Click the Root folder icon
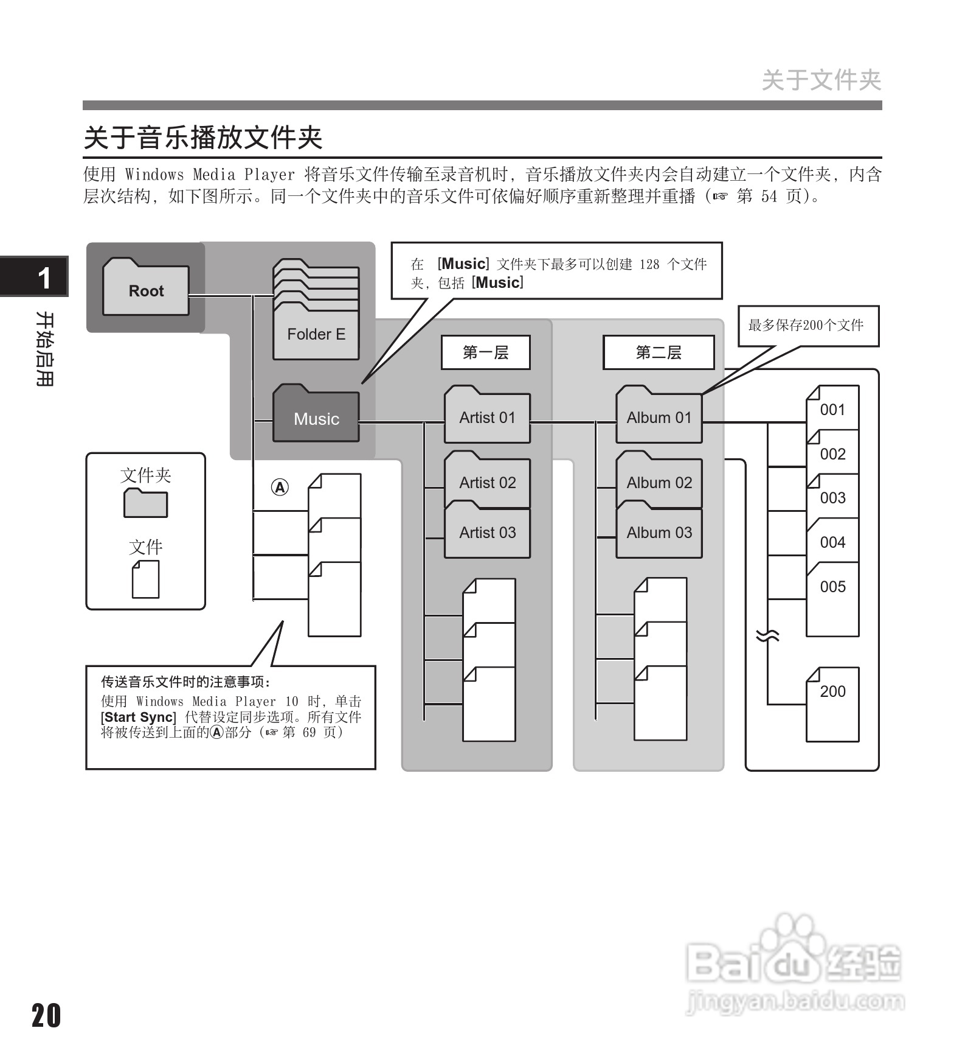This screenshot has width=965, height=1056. click(x=146, y=288)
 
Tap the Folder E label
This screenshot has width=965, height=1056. click(x=316, y=334)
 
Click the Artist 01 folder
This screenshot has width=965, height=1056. click(x=487, y=416)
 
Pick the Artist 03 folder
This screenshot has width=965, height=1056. click(x=487, y=532)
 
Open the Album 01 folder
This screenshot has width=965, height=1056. click(x=659, y=416)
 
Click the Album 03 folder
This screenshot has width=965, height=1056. click(x=659, y=532)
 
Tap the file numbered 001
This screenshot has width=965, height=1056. click(x=832, y=409)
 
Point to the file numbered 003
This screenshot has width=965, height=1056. click(x=832, y=497)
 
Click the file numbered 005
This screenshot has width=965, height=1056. click(x=832, y=587)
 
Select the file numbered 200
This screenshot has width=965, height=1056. click(x=832, y=700)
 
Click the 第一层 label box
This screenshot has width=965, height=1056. click(x=485, y=352)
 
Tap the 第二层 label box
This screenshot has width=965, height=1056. click(x=659, y=352)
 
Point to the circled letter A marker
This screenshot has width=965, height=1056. click(x=280, y=488)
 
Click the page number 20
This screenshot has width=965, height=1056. click(x=46, y=1015)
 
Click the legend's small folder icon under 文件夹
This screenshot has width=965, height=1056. click(x=146, y=503)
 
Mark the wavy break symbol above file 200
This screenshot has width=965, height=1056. click(x=767, y=636)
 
